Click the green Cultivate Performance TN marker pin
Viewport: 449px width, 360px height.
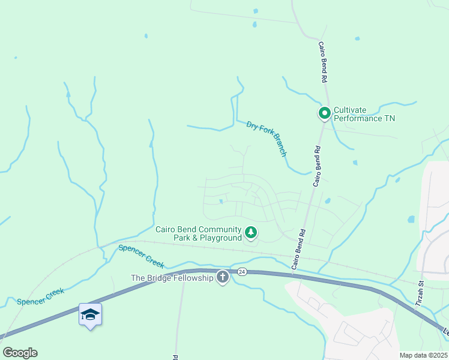tap(325, 113)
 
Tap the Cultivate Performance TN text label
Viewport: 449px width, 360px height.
tap(364, 113)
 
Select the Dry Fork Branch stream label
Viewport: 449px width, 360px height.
tap(267, 139)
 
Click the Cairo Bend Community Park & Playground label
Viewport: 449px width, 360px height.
tap(198, 233)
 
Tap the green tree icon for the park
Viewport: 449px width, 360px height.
tap(251, 232)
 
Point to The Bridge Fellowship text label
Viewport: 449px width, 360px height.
tap(172, 278)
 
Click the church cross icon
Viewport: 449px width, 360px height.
tap(223, 277)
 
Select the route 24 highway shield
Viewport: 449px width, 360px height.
tap(241, 271)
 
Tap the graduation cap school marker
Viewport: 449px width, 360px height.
tap(90, 314)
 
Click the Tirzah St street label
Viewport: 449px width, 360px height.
tap(421, 293)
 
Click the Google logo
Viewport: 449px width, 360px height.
tap(20, 353)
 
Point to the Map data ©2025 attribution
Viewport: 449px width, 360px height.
tap(423, 355)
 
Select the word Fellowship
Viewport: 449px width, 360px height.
tap(193, 278)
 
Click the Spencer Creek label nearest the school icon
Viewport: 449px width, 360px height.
tap(41, 295)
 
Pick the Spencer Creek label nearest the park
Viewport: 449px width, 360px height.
tap(141, 256)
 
